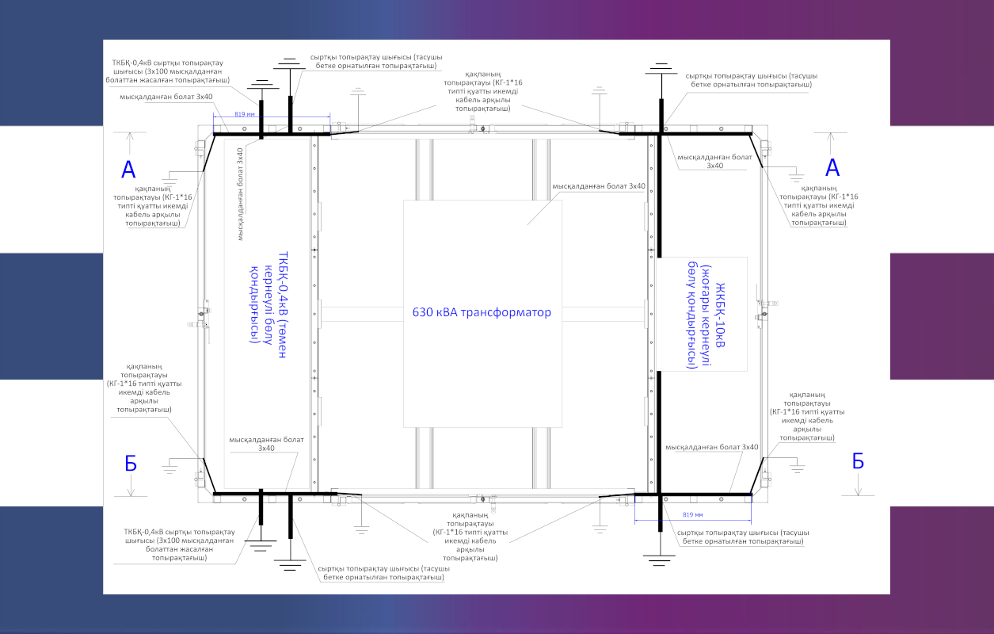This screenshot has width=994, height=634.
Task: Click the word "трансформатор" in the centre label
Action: (x=506, y=312)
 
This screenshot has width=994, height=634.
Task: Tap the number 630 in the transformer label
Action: (x=422, y=312)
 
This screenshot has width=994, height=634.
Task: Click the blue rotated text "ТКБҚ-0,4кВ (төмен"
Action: (x=283, y=304)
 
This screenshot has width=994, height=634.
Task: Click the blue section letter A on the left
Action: (x=128, y=169)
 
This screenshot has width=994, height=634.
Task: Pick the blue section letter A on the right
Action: (x=832, y=168)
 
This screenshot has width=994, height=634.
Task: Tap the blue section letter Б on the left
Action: (x=131, y=463)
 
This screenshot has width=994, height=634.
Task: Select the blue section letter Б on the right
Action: (x=858, y=461)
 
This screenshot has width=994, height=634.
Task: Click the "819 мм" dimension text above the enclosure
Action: (x=245, y=114)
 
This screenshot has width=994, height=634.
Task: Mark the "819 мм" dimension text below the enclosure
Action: (x=693, y=514)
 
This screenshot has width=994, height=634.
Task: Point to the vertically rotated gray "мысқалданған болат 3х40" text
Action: (x=240, y=194)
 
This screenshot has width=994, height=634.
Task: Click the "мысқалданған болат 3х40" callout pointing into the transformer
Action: (x=599, y=186)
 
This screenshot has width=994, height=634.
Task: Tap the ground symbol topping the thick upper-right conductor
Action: (x=661, y=69)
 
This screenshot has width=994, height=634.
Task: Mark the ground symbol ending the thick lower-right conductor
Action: (x=660, y=560)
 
